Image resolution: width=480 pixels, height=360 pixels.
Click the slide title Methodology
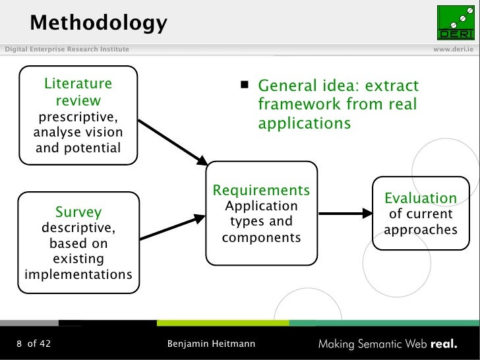(x=98, y=23)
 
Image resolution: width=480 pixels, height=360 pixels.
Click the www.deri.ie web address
(x=454, y=50)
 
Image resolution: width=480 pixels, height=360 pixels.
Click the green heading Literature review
(x=78, y=92)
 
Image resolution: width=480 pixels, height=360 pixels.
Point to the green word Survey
(x=78, y=212)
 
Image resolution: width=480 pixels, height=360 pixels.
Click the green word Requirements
(x=261, y=191)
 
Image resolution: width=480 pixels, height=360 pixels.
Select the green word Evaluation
(x=421, y=198)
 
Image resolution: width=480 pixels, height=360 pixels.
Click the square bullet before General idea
(x=244, y=85)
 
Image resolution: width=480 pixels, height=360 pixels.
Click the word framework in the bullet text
(x=292, y=104)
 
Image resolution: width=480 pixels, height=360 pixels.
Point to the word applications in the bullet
(x=304, y=123)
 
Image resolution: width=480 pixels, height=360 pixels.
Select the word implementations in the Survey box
(x=78, y=274)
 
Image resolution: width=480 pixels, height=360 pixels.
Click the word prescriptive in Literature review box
(x=78, y=117)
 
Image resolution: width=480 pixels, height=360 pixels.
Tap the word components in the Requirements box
(x=261, y=237)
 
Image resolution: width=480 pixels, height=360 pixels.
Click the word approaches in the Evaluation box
(x=421, y=229)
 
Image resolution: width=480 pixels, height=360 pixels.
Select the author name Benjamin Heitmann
(x=211, y=344)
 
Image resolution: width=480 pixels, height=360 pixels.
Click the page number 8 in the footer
(x=20, y=344)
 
